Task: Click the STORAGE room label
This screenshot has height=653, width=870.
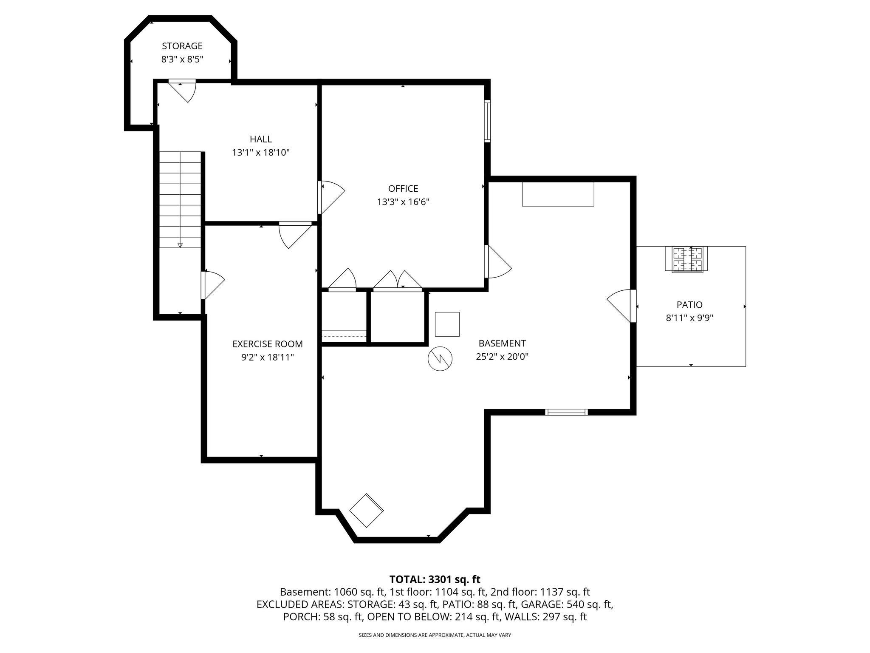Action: pos(182,46)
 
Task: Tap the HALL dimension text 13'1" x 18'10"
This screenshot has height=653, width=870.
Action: pos(260,153)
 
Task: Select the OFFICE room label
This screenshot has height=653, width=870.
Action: pos(403,188)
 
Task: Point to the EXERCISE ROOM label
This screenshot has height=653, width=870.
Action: pos(267,344)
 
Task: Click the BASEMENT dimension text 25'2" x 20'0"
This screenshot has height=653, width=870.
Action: pos(502,357)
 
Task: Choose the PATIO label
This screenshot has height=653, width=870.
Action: pos(689,304)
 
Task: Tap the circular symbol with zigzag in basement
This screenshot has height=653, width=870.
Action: pos(440,358)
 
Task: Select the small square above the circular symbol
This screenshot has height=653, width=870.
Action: pos(447,324)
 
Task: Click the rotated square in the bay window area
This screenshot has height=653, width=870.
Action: pos(366,510)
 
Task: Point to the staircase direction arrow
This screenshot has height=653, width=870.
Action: pos(180,245)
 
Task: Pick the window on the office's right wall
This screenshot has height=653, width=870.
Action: pos(487,121)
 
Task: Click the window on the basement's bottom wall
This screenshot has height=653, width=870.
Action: pos(566,412)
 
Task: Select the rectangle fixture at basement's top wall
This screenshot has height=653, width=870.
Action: pos(557,194)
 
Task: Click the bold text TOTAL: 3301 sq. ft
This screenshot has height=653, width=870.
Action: pos(435,579)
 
